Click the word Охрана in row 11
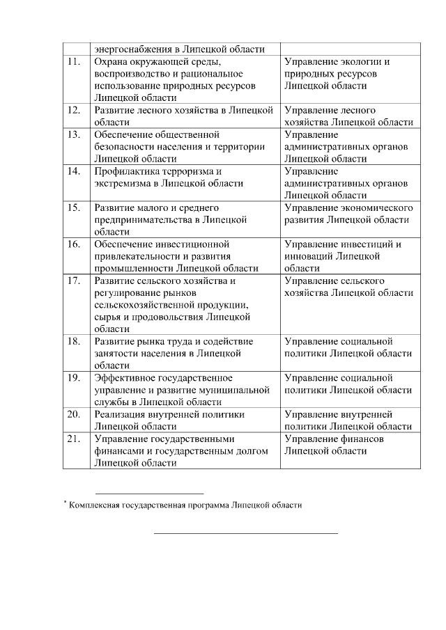[111, 61]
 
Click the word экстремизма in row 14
[122, 184]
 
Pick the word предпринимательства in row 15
[142, 220]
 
